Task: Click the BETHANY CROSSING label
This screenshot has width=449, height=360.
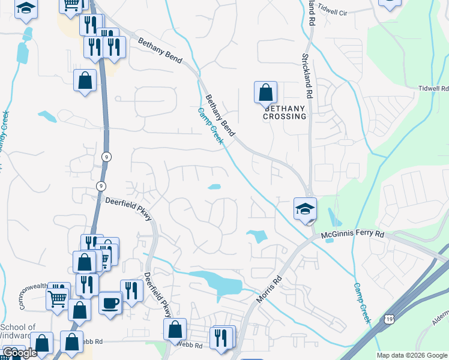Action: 284,112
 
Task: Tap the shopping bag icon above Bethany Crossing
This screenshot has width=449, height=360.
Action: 265,93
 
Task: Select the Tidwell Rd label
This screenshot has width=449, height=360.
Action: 433,89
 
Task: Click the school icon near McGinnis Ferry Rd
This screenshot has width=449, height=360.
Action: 305,209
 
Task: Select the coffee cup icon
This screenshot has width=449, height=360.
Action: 110,302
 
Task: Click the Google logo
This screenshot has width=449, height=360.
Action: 20,353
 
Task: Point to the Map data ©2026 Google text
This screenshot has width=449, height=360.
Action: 411,355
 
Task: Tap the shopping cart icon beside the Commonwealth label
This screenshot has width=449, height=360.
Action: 58,296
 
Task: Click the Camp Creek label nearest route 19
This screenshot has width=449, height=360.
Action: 363,303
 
